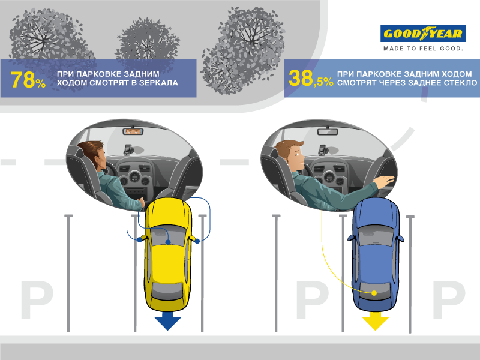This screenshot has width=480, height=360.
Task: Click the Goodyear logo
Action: pyautogui.click(x=423, y=34)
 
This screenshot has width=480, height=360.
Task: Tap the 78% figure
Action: pyautogui.click(x=28, y=80)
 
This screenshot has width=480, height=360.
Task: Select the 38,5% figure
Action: pyautogui.click(x=311, y=79)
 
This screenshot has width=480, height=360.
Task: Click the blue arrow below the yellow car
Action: pyautogui.click(x=168, y=321)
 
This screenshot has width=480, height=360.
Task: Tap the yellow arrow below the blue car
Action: pyautogui.click(x=376, y=321)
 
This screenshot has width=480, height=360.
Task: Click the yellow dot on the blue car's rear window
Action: pyautogui.click(x=374, y=293)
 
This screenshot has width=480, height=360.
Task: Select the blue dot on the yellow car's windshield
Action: pyautogui.click(x=168, y=242)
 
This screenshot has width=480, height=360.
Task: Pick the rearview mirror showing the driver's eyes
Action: pyautogui.click(x=133, y=131)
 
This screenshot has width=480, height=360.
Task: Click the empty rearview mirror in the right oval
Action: pyautogui.click(x=328, y=131)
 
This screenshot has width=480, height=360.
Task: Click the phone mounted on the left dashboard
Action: pyautogui.click(x=128, y=149)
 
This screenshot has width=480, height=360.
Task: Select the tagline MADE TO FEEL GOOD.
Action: pyautogui.click(x=424, y=49)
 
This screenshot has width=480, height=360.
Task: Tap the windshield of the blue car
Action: pyautogui.click(x=376, y=235)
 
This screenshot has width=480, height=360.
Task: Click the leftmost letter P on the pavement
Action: pyautogui.click(x=37, y=300)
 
